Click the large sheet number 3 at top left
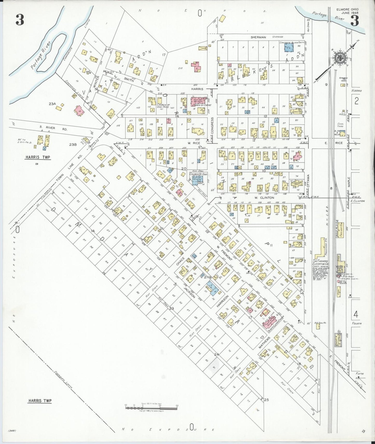point(20,20)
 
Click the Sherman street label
point(258,37)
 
